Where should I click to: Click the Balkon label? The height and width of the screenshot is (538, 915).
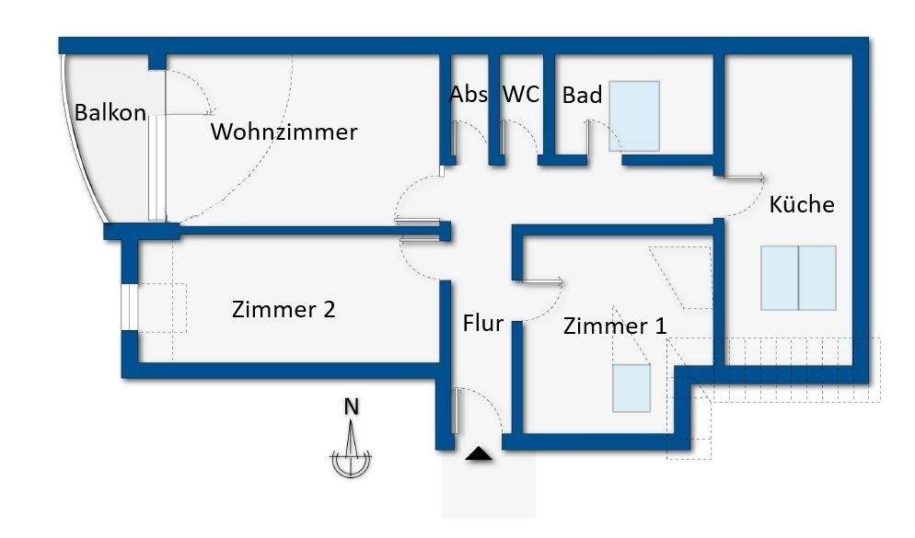110,113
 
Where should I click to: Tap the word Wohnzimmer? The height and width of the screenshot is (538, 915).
284,132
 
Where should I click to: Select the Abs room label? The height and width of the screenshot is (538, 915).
468,95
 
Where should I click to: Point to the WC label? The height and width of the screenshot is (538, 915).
520,95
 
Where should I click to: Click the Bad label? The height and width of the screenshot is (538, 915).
582,95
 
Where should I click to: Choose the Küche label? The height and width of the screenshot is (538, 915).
802,204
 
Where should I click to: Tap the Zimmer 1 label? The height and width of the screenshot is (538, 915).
615,326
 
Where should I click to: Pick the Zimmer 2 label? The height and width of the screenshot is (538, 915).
284,310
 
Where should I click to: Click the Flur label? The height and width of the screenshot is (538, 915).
482,324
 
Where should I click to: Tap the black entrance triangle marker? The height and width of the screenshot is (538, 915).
479,453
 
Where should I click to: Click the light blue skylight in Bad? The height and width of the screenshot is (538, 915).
634,116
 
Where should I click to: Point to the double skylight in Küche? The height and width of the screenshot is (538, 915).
798,278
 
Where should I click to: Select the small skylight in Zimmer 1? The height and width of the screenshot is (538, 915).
631,388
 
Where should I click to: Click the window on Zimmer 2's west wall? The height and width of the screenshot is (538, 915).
129,307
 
